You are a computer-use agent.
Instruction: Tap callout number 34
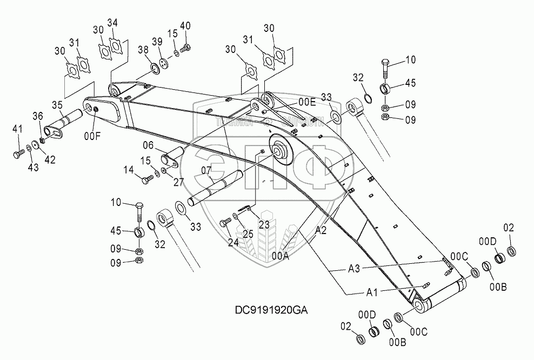click(112, 22)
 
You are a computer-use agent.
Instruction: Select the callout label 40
click(185, 26)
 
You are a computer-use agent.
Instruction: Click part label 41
click(18, 129)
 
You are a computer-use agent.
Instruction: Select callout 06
click(149, 145)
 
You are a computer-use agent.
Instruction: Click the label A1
click(372, 292)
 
